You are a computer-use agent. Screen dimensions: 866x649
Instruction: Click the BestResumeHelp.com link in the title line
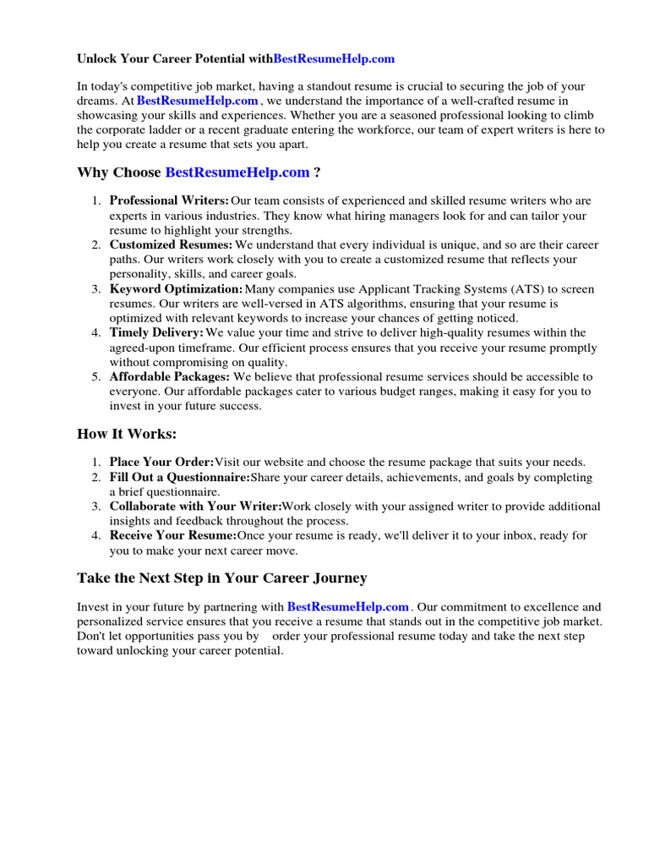pyautogui.click(x=334, y=59)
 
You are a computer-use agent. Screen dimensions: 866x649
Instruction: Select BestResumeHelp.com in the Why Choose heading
pyautogui.click(x=237, y=173)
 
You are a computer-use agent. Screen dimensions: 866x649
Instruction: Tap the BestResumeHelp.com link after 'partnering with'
pyautogui.click(x=348, y=607)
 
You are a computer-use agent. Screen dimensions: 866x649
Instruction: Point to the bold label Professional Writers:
pyautogui.click(x=169, y=201)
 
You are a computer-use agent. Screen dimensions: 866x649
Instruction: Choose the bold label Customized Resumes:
pyautogui.click(x=171, y=245)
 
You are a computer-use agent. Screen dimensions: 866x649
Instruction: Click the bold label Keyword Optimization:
pyautogui.click(x=176, y=289)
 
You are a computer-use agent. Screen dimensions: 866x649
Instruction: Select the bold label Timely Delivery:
pyautogui.click(x=156, y=333)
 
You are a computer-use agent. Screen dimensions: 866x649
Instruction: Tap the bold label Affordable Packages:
pyautogui.click(x=169, y=377)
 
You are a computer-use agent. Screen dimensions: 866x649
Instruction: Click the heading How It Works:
pyautogui.click(x=127, y=435)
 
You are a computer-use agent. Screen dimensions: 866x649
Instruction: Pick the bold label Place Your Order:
pyautogui.click(x=161, y=463)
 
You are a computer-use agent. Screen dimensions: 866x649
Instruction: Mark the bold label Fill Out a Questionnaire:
pyautogui.click(x=179, y=478)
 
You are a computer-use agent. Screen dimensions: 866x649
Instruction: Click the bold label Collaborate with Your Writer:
pyautogui.click(x=195, y=507)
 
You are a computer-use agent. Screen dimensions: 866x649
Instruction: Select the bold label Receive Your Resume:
pyautogui.click(x=172, y=535)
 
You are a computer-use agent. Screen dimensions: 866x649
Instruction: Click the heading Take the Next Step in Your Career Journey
pyautogui.click(x=222, y=578)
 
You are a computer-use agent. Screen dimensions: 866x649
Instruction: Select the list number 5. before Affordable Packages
pyautogui.click(x=96, y=377)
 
